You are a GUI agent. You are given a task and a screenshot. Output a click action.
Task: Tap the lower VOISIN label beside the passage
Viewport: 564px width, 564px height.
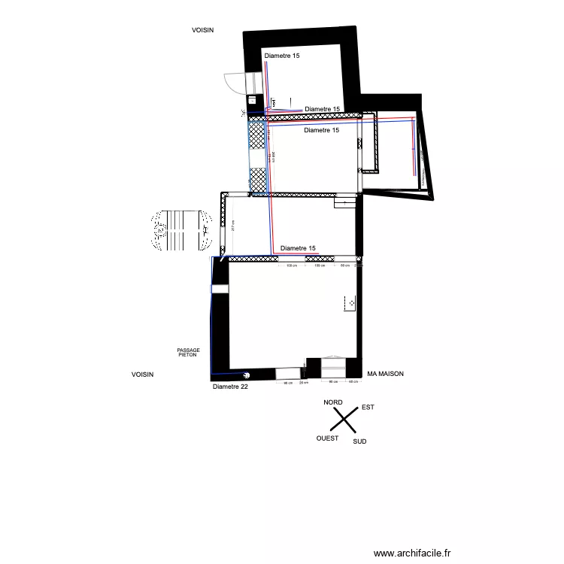142,374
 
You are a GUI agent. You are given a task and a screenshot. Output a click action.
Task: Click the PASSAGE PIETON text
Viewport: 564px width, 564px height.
188,351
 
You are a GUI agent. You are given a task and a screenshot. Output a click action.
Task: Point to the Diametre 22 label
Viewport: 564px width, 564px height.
230,387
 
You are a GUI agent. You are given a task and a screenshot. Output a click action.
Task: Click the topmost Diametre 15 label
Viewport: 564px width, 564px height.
282,56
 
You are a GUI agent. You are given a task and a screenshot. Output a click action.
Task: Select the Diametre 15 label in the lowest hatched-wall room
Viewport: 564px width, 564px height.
298,248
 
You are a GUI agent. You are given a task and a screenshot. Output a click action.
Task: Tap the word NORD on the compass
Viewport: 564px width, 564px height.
333,402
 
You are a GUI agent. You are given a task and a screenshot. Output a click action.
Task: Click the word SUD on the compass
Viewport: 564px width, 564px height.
359,441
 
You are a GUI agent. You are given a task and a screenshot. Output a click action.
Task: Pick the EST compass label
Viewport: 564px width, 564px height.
368,407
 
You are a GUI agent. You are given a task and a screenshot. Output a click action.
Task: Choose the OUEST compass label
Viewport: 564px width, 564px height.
327,438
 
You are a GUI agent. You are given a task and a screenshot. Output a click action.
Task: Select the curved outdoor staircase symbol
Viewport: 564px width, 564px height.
180,231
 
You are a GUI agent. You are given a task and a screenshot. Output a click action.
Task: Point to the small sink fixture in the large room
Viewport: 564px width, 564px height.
350,302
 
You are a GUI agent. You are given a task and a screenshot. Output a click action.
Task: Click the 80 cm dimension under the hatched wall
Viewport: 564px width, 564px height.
344,265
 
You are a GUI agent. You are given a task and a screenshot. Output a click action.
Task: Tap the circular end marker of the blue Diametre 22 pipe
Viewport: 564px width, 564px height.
245,374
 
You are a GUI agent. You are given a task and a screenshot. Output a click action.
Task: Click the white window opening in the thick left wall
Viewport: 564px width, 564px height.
220,289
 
